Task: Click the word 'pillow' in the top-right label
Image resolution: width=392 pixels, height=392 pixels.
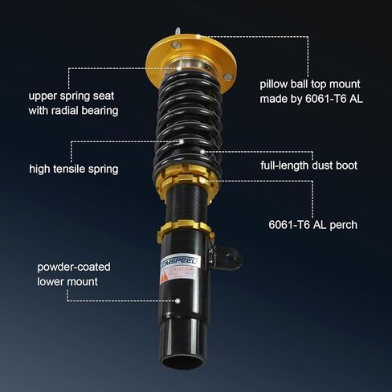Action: click(x=276, y=83)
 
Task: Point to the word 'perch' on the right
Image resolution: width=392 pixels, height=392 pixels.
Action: click(x=341, y=225)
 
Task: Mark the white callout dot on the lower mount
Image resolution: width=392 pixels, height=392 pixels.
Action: click(x=177, y=300)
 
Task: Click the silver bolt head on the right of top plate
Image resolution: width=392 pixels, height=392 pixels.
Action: click(x=227, y=76)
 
